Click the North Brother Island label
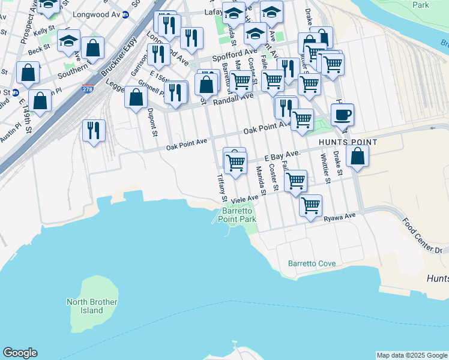[92, 306]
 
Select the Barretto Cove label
[312, 263]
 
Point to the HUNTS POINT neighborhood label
[348, 142]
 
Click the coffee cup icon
[342, 114]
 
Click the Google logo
[20, 353]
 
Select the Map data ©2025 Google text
[411, 355]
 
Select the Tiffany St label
[221, 187]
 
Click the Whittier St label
[325, 168]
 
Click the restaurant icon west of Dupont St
[94, 130]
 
